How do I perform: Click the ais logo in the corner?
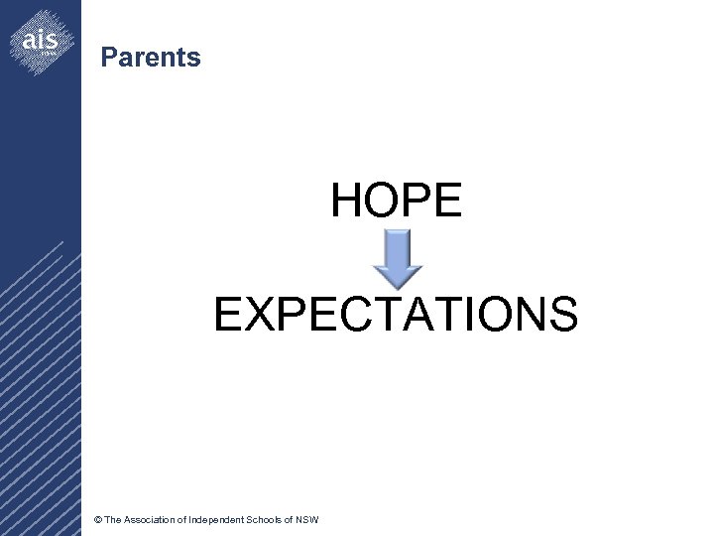tap(41, 42)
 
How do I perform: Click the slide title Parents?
tap(151, 58)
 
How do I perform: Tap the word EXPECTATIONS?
tap(396, 315)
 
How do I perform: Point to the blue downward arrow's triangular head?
tap(397, 277)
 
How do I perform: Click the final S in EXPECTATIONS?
tap(563, 315)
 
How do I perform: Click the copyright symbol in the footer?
tap(96, 520)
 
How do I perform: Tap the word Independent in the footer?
tap(217, 520)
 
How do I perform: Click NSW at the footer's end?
tap(307, 520)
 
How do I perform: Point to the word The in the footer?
tap(113, 520)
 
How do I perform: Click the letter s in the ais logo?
tap(53, 41)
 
